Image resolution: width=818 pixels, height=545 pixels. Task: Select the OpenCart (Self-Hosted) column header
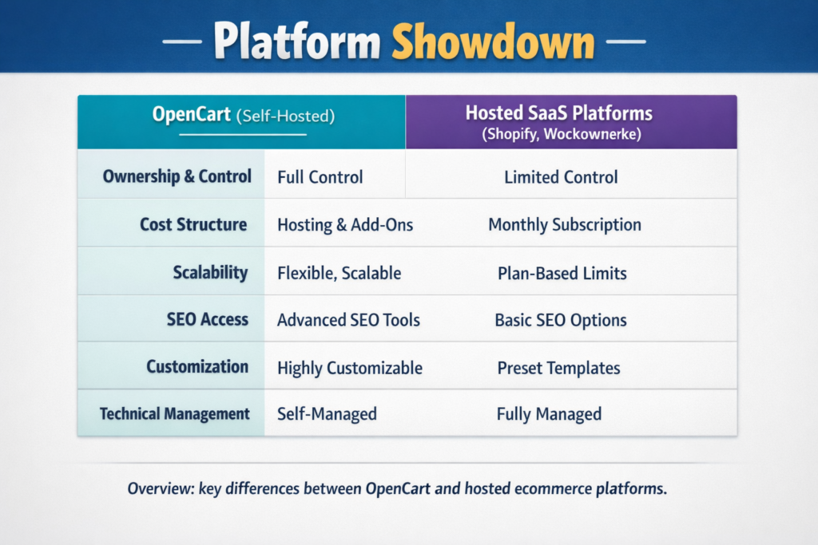coord(242,115)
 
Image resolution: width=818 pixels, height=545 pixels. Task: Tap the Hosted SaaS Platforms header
coord(570,113)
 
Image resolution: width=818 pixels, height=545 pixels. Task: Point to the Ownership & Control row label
coord(177,176)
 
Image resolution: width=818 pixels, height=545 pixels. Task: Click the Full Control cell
coord(320,177)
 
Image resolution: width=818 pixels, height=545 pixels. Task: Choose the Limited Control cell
coord(561,177)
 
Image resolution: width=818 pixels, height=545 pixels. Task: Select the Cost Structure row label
coord(193,224)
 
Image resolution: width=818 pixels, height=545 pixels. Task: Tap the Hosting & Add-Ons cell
coord(345,225)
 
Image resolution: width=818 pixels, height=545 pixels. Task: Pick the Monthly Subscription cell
coord(564,225)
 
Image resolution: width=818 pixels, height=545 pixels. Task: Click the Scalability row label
coord(210,272)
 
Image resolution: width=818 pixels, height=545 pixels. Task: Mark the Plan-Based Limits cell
coord(562,273)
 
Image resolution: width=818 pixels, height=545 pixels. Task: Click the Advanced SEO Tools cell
coord(348,320)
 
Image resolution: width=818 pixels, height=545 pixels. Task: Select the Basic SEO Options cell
coord(560,320)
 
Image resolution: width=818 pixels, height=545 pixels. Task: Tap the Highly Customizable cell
coord(349,368)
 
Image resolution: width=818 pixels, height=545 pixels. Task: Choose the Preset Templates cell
coord(558,368)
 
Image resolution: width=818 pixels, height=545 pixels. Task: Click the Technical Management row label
coord(174,414)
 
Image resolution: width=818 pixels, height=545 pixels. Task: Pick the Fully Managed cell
coord(549,414)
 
